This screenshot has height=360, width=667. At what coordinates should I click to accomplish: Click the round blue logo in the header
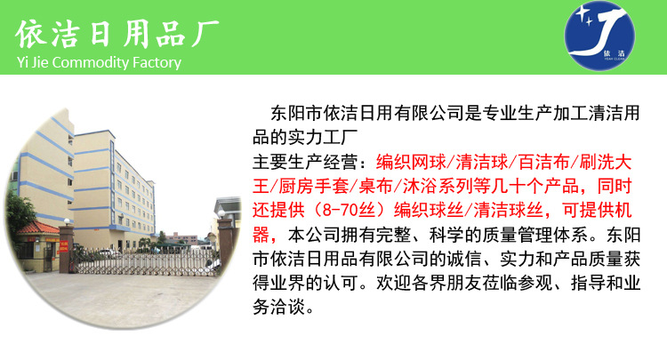602,37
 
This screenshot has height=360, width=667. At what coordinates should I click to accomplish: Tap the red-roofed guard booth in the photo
41,236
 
